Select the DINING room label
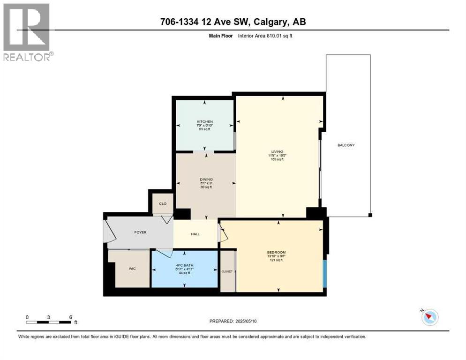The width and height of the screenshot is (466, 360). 206,179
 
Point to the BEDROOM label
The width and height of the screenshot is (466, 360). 277,252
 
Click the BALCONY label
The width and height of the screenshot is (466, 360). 346,145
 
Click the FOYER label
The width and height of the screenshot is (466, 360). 140,232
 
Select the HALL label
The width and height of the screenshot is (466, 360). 195,234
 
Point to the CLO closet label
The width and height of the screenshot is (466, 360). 163,204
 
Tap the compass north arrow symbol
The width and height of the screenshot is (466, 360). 428,317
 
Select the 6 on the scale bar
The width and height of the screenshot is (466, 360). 70,317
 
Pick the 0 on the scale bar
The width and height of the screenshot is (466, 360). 27,317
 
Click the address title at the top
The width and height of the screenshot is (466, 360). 233,22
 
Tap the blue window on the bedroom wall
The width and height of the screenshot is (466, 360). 324,274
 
